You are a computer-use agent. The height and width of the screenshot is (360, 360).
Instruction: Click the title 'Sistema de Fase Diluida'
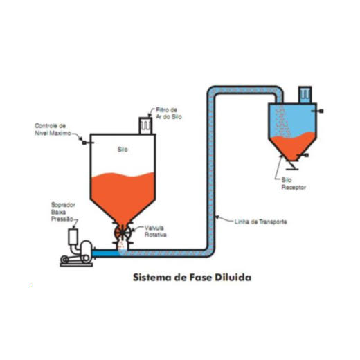(x=192, y=277)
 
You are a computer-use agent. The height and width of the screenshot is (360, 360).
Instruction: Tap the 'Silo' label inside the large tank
(x=123, y=150)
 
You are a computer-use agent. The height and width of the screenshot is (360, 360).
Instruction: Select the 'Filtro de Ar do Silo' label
(x=169, y=114)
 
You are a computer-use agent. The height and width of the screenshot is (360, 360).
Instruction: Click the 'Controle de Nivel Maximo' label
(x=53, y=129)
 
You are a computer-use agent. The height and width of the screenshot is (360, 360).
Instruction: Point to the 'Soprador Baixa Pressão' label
(x=63, y=212)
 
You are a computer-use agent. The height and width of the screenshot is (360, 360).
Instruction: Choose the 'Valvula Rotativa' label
(x=155, y=231)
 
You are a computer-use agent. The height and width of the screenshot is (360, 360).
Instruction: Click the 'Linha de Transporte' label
(x=260, y=222)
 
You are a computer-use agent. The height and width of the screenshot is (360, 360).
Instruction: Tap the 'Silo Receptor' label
(x=294, y=183)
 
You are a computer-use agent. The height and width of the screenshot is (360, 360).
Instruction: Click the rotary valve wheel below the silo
(x=123, y=233)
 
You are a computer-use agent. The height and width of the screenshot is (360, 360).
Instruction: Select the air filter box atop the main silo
(x=145, y=126)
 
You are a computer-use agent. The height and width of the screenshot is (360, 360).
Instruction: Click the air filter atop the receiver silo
(x=305, y=95)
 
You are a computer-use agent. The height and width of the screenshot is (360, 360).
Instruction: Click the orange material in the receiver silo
(x=293, y=146)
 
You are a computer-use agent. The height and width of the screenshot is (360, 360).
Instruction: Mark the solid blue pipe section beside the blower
(x=106, y=253)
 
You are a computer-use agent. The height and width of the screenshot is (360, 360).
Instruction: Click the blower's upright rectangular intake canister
(x=73, y=237)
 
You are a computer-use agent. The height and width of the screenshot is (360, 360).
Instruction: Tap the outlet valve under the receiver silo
(x=292, y=165)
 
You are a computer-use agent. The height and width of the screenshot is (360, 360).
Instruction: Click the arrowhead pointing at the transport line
(x=217, y=217)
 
